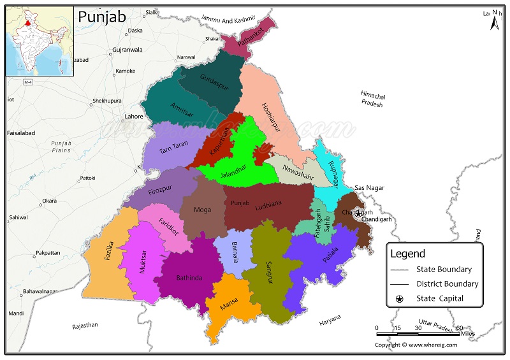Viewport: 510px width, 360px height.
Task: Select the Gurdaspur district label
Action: click(212, 85)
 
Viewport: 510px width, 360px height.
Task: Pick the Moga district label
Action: click(202, 210)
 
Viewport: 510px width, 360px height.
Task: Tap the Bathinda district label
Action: click(189, 278)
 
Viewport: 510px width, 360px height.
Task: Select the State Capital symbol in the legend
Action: click(400, 298)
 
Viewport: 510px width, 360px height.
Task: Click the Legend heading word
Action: click(407, 254)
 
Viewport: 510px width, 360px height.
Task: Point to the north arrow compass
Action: click(494, 22)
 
